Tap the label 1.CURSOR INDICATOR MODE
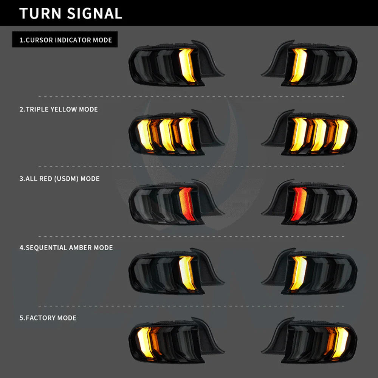(x=65, y=40)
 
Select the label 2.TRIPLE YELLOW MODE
(x=59, y=109)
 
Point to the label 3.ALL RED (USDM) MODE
(x=60, y=178)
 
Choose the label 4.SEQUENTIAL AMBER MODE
(x=66, y=248)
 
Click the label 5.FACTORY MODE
(x=48, y=318)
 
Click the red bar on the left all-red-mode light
(x=186, y=203)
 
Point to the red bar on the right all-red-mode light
(x=299, y=203)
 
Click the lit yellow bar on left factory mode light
(x=145, y=342)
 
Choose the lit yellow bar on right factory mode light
(x=341, y=342)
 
